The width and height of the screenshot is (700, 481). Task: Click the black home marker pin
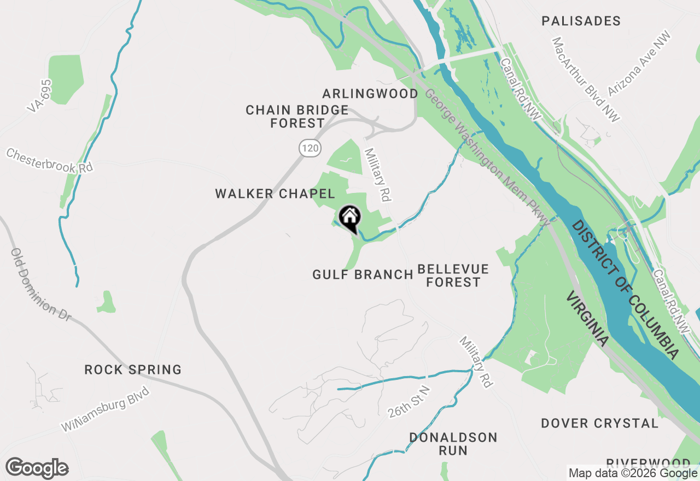[x=349, y=219]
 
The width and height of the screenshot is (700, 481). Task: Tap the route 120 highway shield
[x=310, y=148]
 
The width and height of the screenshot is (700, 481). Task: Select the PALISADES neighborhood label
[x=581, y=21]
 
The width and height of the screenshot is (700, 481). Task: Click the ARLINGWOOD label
[x=370, y=93]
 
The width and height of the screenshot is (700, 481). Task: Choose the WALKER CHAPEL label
[x=275, y=193]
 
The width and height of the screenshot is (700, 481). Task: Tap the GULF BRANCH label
[x=363, y=274]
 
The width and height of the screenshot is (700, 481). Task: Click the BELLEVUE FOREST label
[x=453, y=275]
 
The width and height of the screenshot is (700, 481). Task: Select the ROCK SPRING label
[x=133, y=370]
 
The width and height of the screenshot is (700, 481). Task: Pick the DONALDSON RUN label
[x=453, y=444]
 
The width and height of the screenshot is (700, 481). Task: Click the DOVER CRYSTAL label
[x=600, y=424]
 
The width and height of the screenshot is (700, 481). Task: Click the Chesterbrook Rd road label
[x=49, y=160]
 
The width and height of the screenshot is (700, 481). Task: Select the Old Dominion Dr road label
[x=40, y=284]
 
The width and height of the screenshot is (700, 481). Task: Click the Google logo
[x=37, y=468]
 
